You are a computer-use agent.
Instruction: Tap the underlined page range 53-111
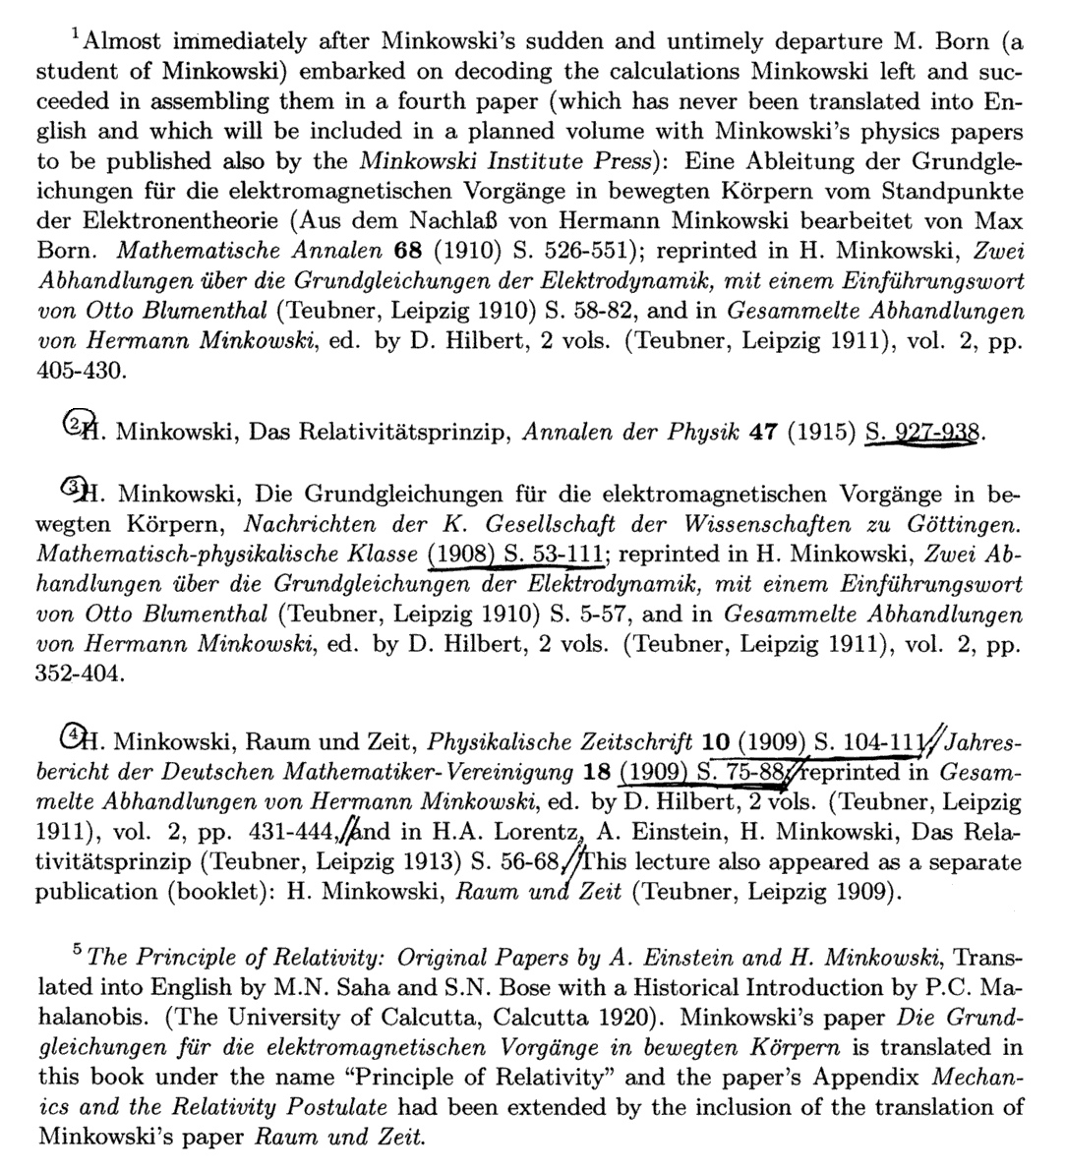[562, 555]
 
